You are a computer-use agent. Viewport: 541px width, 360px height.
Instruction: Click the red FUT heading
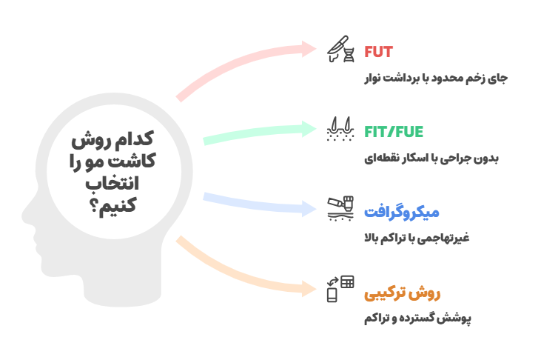click(378, 52)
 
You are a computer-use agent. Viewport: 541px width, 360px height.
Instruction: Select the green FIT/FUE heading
click(394, 132)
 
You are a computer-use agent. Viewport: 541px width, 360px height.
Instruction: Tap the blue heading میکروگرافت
click(402, 212)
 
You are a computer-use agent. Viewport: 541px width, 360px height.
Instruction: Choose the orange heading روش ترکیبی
click(403, 293)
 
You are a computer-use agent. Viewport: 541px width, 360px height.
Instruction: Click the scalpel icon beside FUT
click(340, 49)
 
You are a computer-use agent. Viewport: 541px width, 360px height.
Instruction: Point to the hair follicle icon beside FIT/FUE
click(340, 129)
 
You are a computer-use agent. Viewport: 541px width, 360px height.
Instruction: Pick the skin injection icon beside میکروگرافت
click(340, 208)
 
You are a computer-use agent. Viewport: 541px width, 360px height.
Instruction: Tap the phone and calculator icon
click(340, 289)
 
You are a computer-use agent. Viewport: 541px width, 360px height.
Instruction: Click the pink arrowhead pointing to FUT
click(309, 49)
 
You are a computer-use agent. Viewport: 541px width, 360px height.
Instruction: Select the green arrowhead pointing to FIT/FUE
click(309, 129)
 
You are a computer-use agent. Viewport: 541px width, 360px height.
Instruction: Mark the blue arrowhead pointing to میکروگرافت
click(309, 209)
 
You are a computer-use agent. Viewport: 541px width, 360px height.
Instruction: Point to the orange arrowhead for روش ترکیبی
click(309, 289)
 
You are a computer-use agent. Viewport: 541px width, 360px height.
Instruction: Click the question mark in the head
click(93, 206)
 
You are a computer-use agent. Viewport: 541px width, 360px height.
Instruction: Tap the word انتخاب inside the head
click(112, 183)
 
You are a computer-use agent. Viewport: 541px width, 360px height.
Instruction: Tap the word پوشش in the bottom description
click(459, 319)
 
